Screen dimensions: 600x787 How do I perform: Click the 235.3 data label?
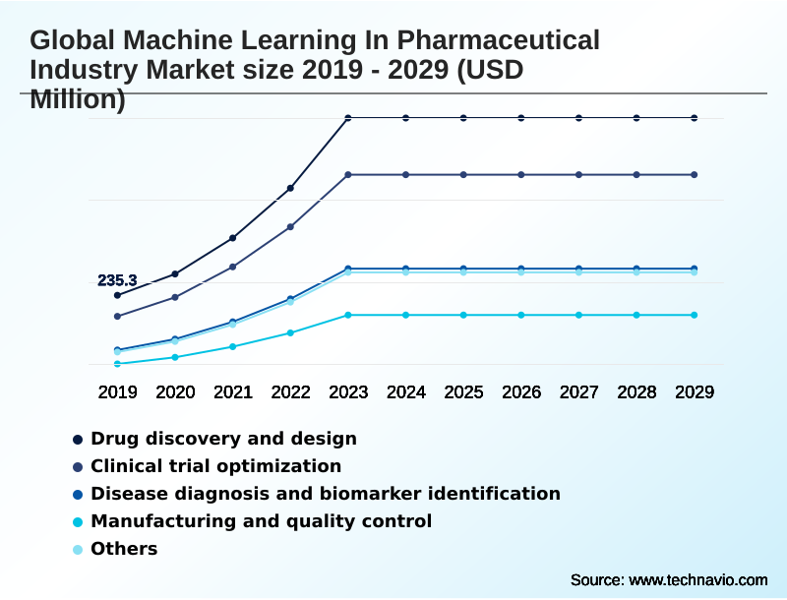click(x=117, y=280)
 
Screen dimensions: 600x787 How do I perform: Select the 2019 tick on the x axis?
click(x=117, y=391)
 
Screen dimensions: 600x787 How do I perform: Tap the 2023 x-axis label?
click(x=348, y=391)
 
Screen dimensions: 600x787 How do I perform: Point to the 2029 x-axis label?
click(x=695, y=391)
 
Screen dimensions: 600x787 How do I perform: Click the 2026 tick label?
click(x=521, y=391)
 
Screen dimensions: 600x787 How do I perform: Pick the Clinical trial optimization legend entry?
click(x=215, y=466)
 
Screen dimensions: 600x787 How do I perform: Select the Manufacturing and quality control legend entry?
click(x=261, y=521)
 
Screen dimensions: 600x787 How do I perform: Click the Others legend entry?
click(x=124, y=549)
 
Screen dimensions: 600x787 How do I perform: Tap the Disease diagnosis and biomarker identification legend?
click(x=325, y=494)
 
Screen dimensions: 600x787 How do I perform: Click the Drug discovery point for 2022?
click(x=290, y=188)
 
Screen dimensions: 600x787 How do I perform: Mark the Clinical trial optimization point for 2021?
click(x=233, y=267)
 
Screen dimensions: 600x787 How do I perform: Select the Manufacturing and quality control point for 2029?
click(x=695, y=315)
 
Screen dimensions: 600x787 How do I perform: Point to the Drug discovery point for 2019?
click(x=117, y=295)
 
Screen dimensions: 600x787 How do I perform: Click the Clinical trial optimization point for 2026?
click(x=521, y=175)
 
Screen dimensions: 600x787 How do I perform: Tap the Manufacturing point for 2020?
click(x=175, y=357)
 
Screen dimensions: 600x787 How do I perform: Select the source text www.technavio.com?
click(x=697, y=579)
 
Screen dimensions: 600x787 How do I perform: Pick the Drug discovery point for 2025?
click(x=463, y=118)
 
